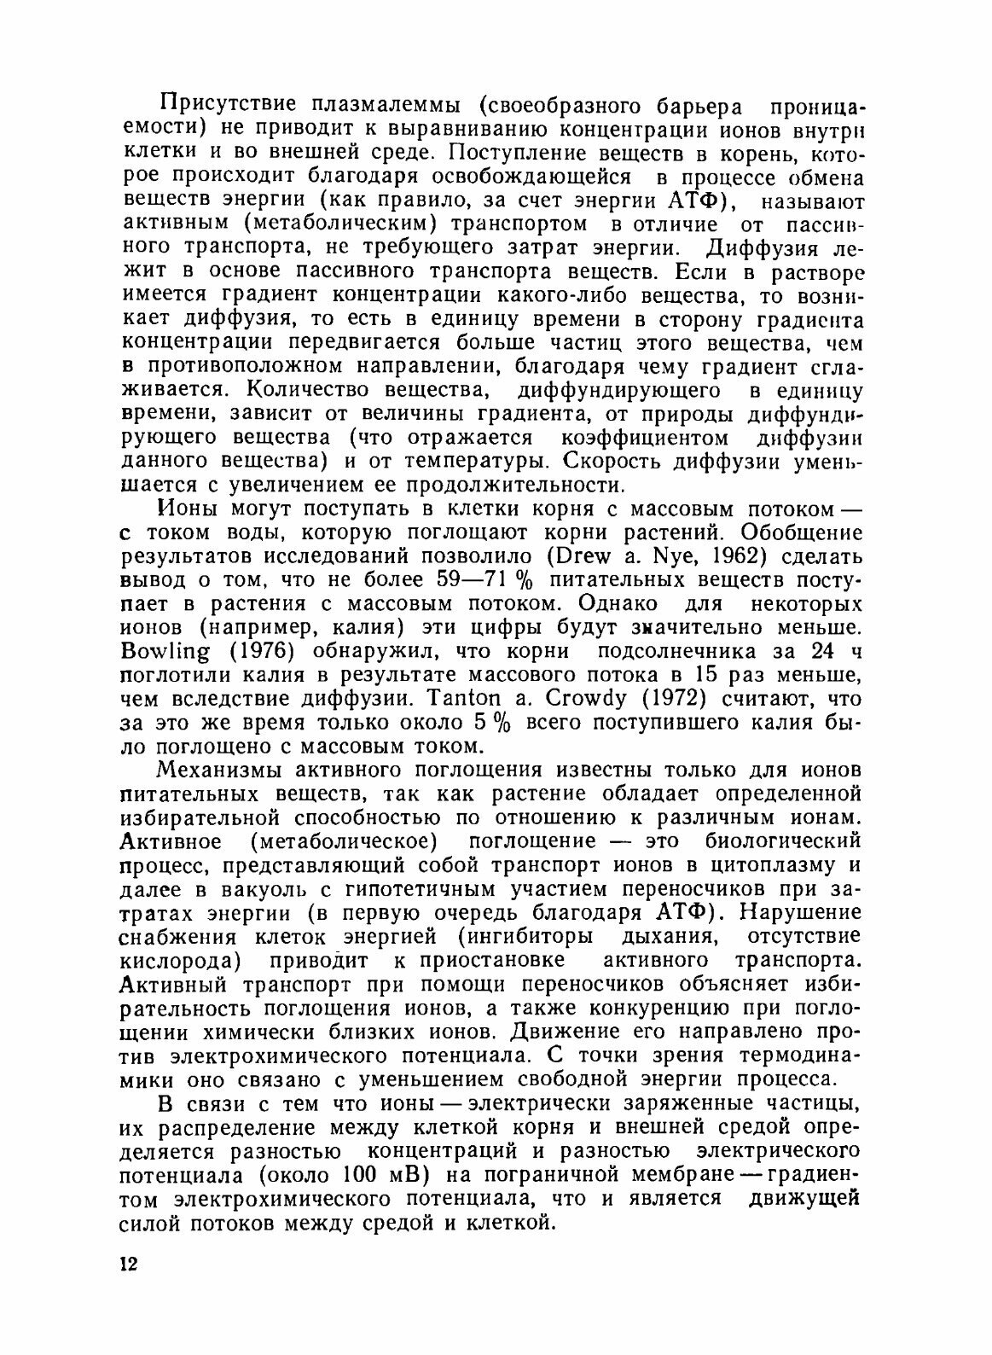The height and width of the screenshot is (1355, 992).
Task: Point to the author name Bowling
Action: (x=166, y=653)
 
